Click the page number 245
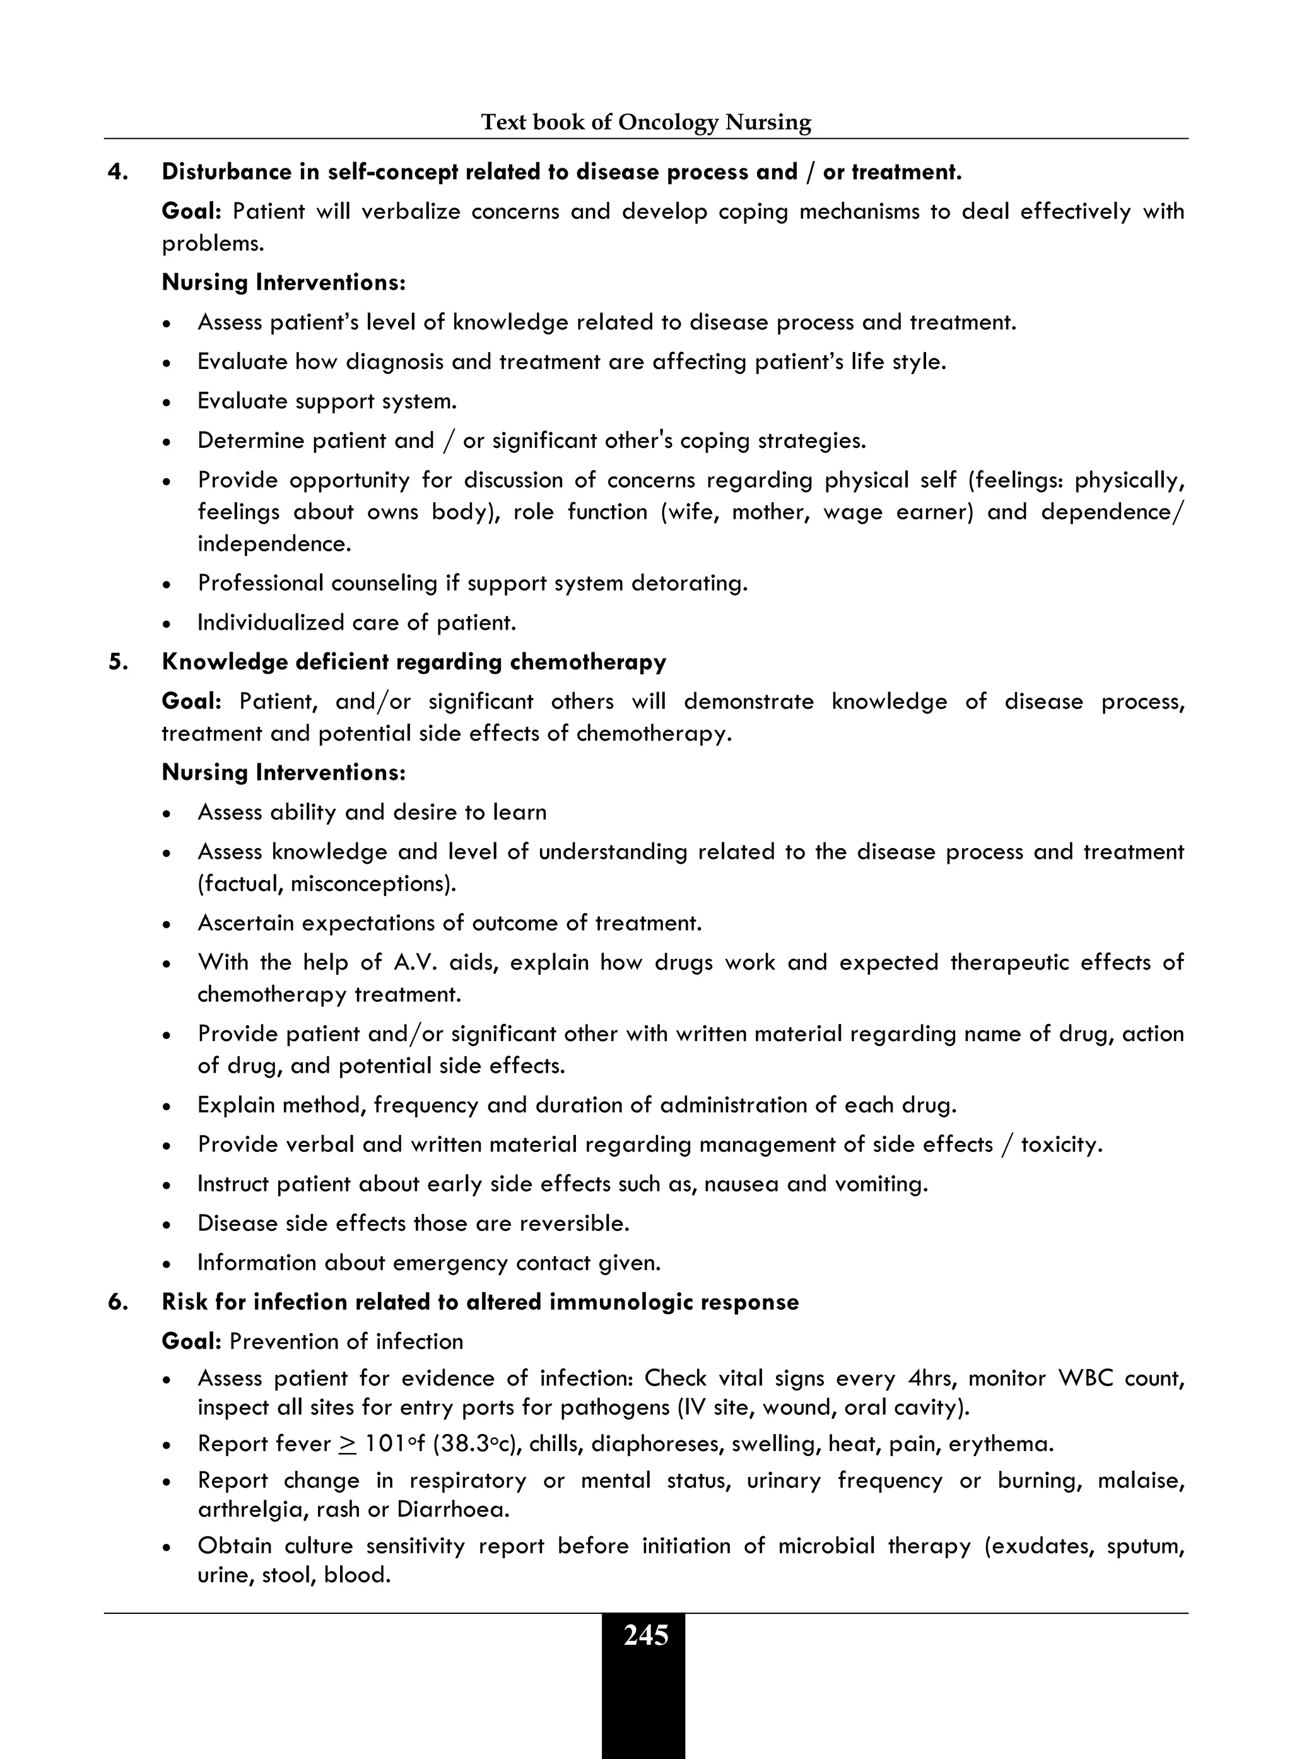pos(645,1635)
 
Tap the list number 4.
pos(118,172)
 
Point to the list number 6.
pos(118,1302)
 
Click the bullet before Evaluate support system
pos(167,403)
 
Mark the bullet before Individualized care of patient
pos(167,624)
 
